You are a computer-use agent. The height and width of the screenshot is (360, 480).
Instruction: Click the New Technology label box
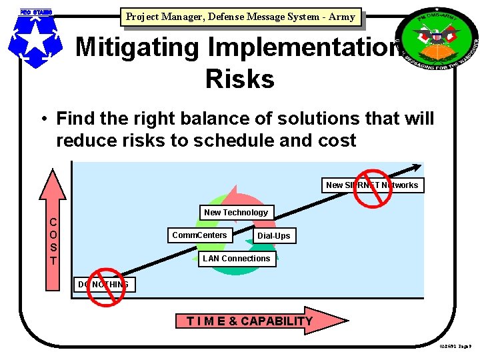pyautogui.click(x=236, y=213)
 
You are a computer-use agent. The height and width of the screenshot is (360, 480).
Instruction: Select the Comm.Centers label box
pyautogui.click(x=199, y=235)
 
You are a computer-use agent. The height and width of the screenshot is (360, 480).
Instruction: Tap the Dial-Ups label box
pyautogui.click(x=273, y=236)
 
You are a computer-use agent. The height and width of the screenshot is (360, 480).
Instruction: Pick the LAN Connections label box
pyautogui.click(x=237, y=259)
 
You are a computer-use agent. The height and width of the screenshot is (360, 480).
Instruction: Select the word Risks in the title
pyautogui.click(x=239, y=79)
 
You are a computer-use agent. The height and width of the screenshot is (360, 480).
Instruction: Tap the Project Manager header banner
pyautogui.click(x=240, y=17)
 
